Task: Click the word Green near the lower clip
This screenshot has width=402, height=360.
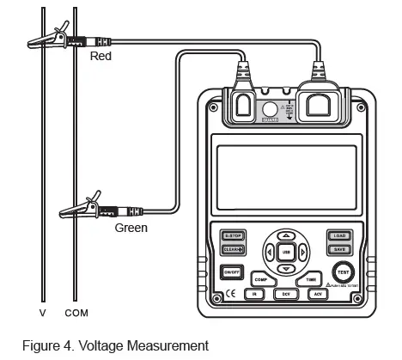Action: [x=131, y=229]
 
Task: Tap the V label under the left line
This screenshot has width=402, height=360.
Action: [x=42, y=312]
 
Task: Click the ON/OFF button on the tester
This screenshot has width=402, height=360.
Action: [x=230, y=272]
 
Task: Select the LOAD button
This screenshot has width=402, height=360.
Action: [x=338, y=235]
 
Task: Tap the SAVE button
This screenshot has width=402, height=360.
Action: [x=338, y=249]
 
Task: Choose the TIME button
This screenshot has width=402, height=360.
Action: [x=308, y=279]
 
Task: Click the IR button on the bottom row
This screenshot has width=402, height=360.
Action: [x=255, y=294]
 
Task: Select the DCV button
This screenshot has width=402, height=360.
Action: [x=286, y=294]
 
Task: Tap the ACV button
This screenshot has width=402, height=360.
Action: [x=317, y=294]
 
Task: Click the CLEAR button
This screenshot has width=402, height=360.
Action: [x=232, y=249]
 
